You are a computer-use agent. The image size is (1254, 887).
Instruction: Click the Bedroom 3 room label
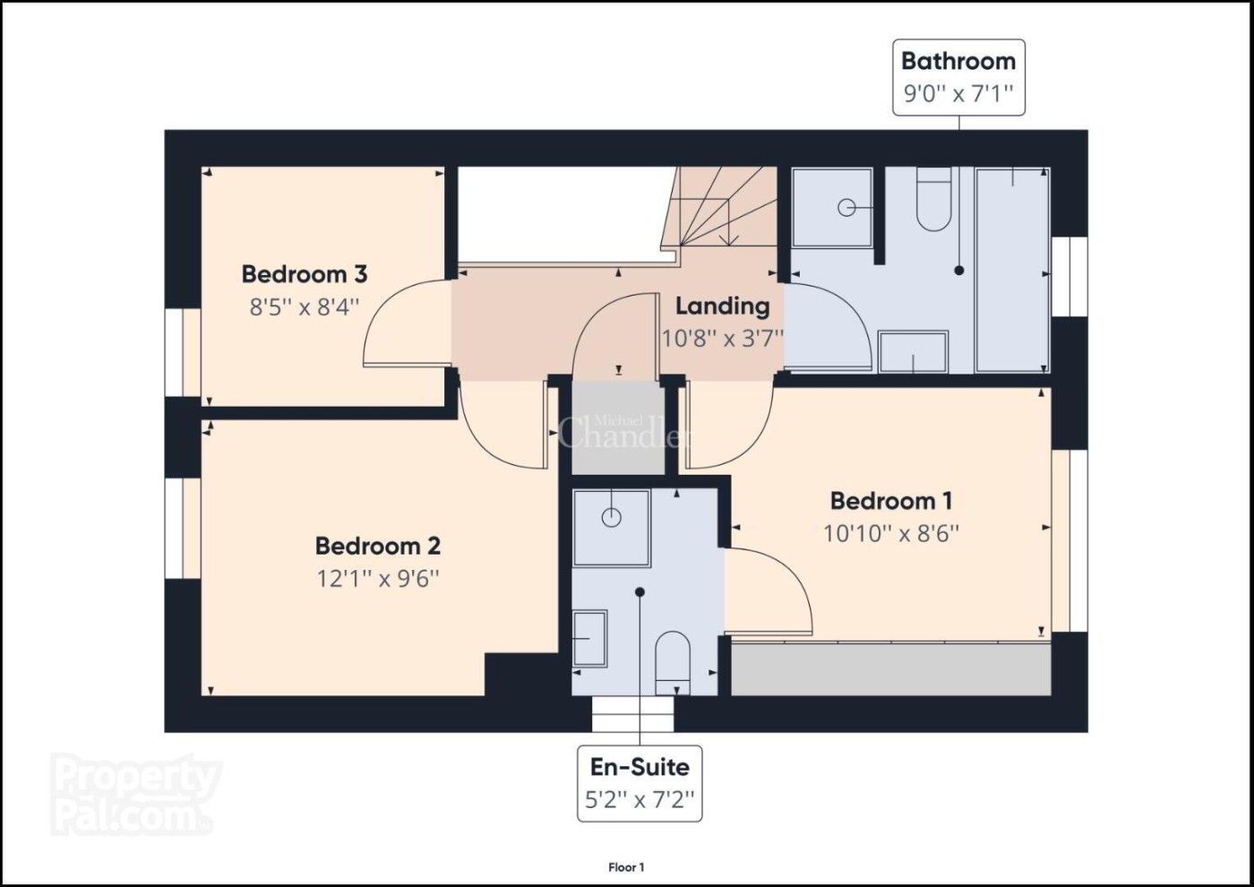pos(305,274)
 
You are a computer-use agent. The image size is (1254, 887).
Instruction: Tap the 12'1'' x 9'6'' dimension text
pos(378,579)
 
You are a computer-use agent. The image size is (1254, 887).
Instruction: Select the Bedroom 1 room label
pos(890,501)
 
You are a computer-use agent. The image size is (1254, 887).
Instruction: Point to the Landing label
pos(722,306)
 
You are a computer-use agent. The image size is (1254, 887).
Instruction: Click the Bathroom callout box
pos(958,77)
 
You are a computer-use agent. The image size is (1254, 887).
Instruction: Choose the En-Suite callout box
pos(640,783)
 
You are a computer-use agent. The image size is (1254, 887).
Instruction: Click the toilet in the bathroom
pos(933,199)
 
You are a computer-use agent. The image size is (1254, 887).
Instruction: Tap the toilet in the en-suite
pos(673,663)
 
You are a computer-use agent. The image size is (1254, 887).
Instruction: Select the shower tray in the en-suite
pos(611,528)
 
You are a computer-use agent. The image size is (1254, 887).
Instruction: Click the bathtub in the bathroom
pos(1012,270)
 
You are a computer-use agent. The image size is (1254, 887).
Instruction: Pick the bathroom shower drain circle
pos(846,208)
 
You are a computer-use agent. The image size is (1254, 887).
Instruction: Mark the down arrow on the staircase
pos(727,223)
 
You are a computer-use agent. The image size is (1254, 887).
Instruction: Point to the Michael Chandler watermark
pos(624,432)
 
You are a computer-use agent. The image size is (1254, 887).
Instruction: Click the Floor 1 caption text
pos(626,867)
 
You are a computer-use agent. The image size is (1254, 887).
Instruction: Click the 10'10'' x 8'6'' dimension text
pos(890,534)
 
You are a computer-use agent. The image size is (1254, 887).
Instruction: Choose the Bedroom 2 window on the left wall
pos(183,528)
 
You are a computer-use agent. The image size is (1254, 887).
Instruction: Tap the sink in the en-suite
pos(590,638)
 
